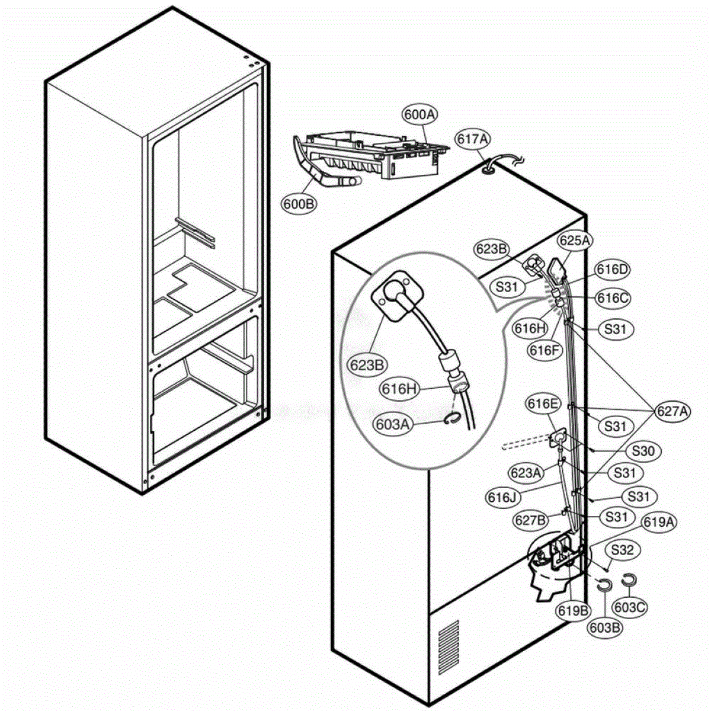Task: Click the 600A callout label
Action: [x=419, y=115]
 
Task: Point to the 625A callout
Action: [x=575, y=241]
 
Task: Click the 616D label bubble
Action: [x=613, y=270]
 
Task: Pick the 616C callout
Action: [x=613, y=298]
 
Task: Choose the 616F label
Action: [x=545, y=350]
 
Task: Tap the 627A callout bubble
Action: [x=672, y=411]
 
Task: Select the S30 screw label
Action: [x=643, y=450]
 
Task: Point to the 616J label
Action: [x=503, y=497]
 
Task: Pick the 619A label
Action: [x=659, y=522]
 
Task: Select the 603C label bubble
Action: [x=630, y=607]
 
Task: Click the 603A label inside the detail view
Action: [x=393, y=424]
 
